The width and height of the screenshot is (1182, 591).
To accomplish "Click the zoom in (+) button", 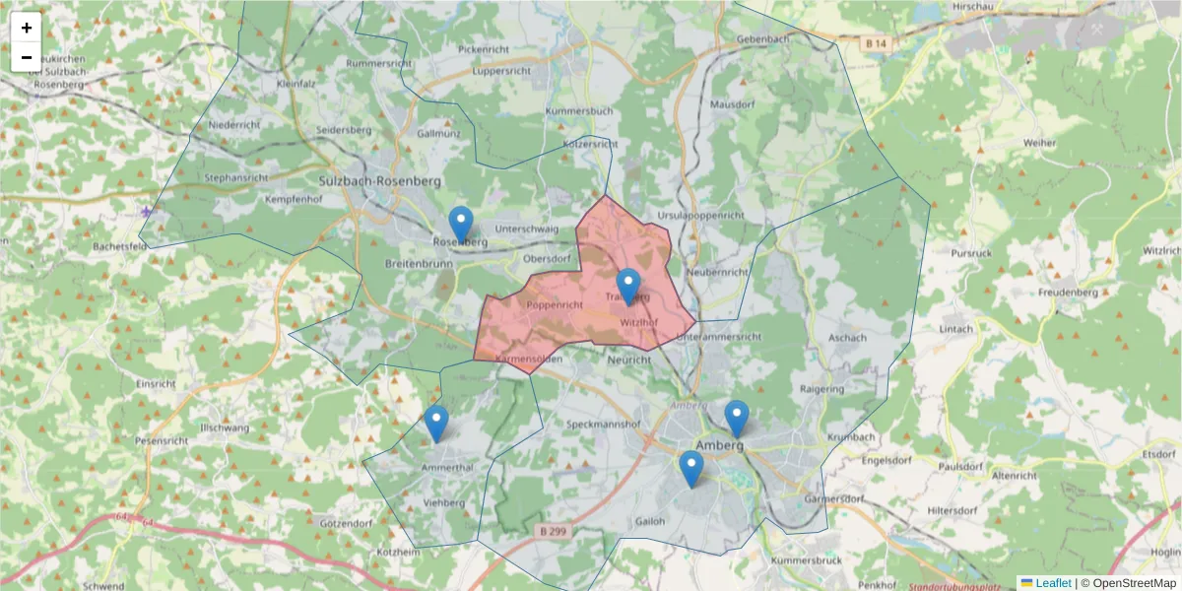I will pyautogui.click(x=27, y=28).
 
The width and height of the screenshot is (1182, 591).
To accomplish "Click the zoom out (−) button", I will pyautogui.click(x=27, y=57).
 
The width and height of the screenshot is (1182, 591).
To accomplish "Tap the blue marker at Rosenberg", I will pyautogui.click(x=460, y=224).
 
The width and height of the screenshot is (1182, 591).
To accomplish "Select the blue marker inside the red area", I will pyautogui.click(x=628, y=286).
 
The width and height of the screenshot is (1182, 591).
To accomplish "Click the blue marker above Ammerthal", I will pyautogui.click(x=436, y=423).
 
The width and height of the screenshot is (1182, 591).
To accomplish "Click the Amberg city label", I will pyautogui.click(x=720, y=444).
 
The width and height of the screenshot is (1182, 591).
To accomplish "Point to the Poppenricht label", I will pyautogui.click(x=555, y=305).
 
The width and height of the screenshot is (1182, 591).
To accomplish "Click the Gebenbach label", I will pyautogui.click(x=763, y=39).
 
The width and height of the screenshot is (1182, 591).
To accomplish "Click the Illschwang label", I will pyautogui.click(x=226, y=428).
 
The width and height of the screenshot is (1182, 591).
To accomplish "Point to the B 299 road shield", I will pyautogui.click(x=553, y=531).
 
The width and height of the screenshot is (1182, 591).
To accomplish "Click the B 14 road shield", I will pyautogui.click(x=876, y=43).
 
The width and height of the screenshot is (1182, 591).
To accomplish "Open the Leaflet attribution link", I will pyautogui.click(x=1052, y=583).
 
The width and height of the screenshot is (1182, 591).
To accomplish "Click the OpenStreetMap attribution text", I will pyautogui.click(x=1133, y=583).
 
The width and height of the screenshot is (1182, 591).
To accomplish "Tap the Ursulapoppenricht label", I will pyautogui.click(x=700, y=214).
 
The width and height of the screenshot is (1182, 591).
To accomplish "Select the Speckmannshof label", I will pyautogui.click(x=605, y=425).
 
